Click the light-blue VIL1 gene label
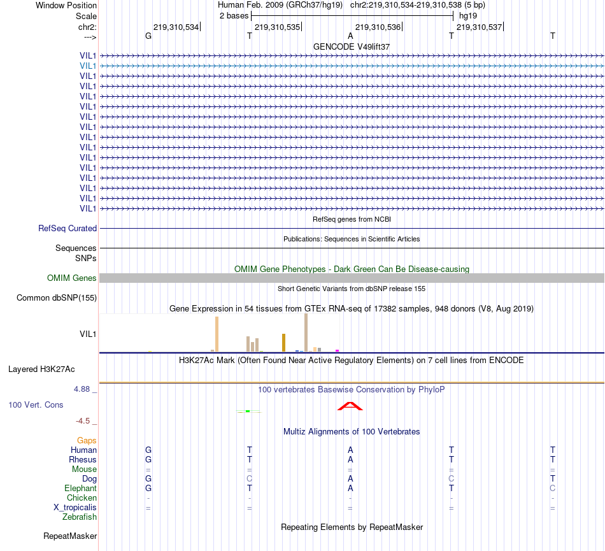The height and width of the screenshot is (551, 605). pyautogui.click(x=88, y=66)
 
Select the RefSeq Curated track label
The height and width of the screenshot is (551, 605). pyautogui.click(x=68, y=228)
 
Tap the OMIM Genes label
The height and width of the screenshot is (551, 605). pyautogui.click(x=72, y=278)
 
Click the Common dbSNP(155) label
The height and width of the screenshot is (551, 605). pyautogui.click(x=57, y=297)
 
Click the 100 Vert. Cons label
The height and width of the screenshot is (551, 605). pyautogui.click(x=36, y=404)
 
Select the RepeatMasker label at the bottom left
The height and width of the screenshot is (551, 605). pyautogui.click(x=70, y=536)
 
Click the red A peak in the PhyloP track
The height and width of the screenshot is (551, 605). pyautogui.click(x=350, y=406)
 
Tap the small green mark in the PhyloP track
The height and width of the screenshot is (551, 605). pyautogui.click(x=248, y=411)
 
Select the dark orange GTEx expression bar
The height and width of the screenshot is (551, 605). pyautogui.click(x=283, y=342)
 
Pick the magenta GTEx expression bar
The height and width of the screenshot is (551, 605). pyautogui.click(x=337, y=350)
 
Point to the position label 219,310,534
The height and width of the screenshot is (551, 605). pyautogui.click(x=176, y=27)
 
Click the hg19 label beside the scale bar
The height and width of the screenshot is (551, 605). pyautogui.click(x=468, y=15)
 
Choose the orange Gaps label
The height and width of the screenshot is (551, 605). pyautogui.click(x=87, y=440)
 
